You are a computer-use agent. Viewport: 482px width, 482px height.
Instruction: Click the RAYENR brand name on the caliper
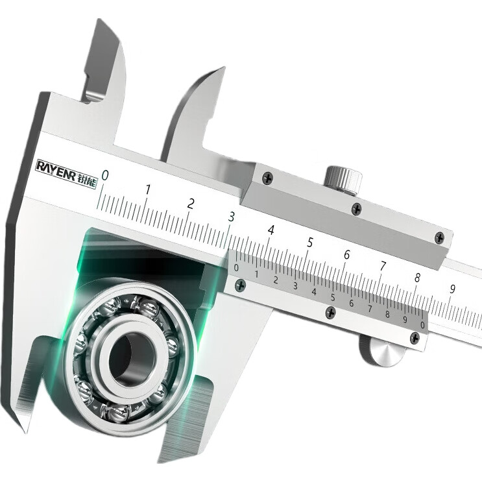coord(56,169)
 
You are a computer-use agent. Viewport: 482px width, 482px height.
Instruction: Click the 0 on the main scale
coord(105,176)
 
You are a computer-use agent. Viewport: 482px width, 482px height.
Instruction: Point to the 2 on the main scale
coord(191,204)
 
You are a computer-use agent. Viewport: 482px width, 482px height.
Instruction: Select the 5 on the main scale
coord(310,243)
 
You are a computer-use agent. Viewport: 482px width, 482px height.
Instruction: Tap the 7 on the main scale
coord(383,266)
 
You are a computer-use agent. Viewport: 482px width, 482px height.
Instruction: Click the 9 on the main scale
coord(452,289)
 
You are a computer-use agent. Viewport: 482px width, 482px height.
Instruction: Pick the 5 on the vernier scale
coord(333,298)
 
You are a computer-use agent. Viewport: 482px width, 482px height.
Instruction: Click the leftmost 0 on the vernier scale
coord(236,268)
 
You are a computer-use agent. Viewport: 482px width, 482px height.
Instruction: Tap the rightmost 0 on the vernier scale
coord(423,325)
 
